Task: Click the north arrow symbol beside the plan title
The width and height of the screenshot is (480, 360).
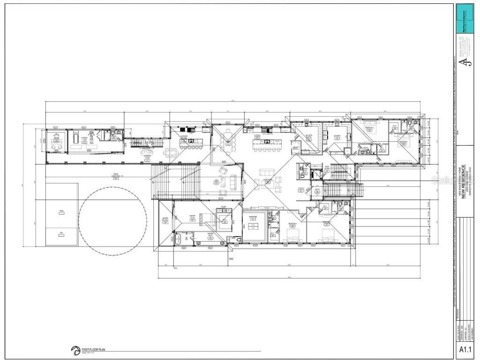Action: [75, 350]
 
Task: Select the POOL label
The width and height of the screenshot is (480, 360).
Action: [61, 211]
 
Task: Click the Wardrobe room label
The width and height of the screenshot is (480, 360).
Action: [253, 218]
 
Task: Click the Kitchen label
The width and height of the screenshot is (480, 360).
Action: [257, 136]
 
